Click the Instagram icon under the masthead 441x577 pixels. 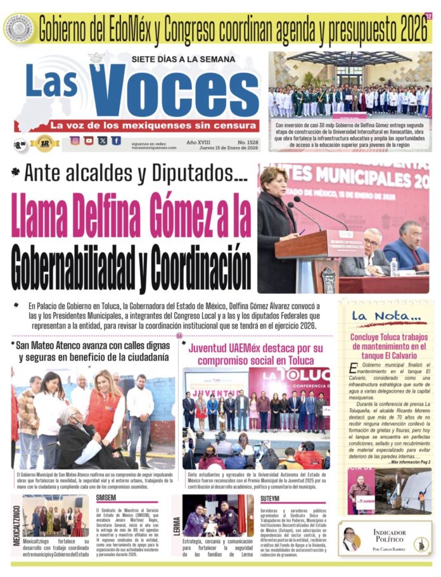pos(75,141)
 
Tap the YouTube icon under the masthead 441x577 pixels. pos(89,141)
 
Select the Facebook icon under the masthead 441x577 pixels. pos(116,141)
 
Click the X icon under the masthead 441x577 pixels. pos(103,141)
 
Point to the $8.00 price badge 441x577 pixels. pos(21,144)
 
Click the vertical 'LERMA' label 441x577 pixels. pos(177,524)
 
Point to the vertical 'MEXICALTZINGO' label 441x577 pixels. pos(16,523)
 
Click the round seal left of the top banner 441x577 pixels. pos(18,29)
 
